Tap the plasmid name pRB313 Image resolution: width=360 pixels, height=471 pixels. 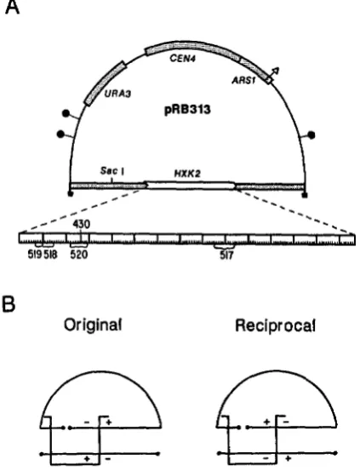pyautogui.click(x=187, y=110)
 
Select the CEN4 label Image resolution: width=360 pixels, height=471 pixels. pyautogui.click(x=182, y=58)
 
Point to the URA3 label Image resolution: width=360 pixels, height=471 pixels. pyautogui.click(x=117, y=94)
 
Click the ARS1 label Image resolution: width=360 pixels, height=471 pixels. pyautogui.click(x=243, y=81)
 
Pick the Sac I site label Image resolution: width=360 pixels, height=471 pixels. pyautogui.click(x=112, y=171)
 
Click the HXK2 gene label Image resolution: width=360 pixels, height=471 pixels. pyautogui.click(x=187, y=174)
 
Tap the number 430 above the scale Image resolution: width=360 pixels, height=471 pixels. pyautogui.click(x=81, y=224)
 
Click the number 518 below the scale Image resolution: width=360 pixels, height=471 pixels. pyautogui.click(x=50, y=255)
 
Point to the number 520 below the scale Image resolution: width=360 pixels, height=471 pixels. pyautogui.click(x=79, y=255)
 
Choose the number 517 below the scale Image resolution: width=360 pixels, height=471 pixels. pyautogui.click(x=226, y=256)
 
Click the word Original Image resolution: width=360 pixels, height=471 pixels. pyautogui.click(x=93, y=325)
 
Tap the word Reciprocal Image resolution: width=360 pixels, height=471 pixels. pyautogui.click(x=276, y=325)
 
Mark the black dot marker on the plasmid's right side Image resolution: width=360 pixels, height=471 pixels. pyautogui.click(x=311, y=135)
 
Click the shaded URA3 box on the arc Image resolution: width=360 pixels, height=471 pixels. pyautogui.click(x=105, y=83)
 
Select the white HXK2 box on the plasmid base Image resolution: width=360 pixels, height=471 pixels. pyautogui.click(x=191, y=186)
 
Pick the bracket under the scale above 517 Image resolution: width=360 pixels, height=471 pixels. pyautogui.click(x=225, y=247)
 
